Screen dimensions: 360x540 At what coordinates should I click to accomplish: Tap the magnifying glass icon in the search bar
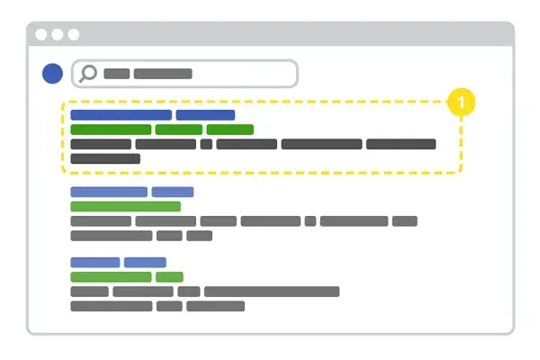[x=88, y=73]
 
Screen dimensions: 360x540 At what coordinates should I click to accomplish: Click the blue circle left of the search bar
[x=53, y=74]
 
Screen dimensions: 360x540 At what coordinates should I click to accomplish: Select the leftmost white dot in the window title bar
[x=41, y=34]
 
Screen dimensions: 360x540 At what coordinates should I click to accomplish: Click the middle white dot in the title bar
[x=58, y=34]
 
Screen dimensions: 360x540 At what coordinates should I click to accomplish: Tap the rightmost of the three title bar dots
[x=74, y=34]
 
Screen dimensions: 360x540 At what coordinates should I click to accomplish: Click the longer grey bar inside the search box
[x=163, y=74]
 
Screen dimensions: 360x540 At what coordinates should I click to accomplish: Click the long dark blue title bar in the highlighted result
[x=121, y=115]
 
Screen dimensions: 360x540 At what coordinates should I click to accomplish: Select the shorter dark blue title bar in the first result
[x=205, y=115]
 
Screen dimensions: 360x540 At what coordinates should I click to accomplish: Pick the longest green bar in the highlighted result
[x=111, y=130]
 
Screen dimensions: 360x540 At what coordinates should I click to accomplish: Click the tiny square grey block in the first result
[x=206, y=144]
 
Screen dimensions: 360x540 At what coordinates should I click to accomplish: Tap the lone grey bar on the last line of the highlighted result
[x=105, y=158]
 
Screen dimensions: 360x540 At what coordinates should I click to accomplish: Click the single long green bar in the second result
[x=125, y=206]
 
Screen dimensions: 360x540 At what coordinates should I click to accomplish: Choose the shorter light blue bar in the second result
[x=173, y=192]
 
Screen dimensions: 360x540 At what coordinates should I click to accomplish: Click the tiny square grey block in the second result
[x=310, y=220]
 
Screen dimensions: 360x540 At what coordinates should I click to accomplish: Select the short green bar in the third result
[x=169, y=277]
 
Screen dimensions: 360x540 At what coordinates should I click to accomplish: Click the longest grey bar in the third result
[x=272, y=292]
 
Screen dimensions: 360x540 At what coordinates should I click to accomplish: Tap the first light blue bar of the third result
[x=95, y=263]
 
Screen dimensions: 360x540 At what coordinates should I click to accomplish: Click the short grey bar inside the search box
[x=117, y=74]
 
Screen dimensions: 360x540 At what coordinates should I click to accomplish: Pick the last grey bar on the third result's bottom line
[x=215, y=306]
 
